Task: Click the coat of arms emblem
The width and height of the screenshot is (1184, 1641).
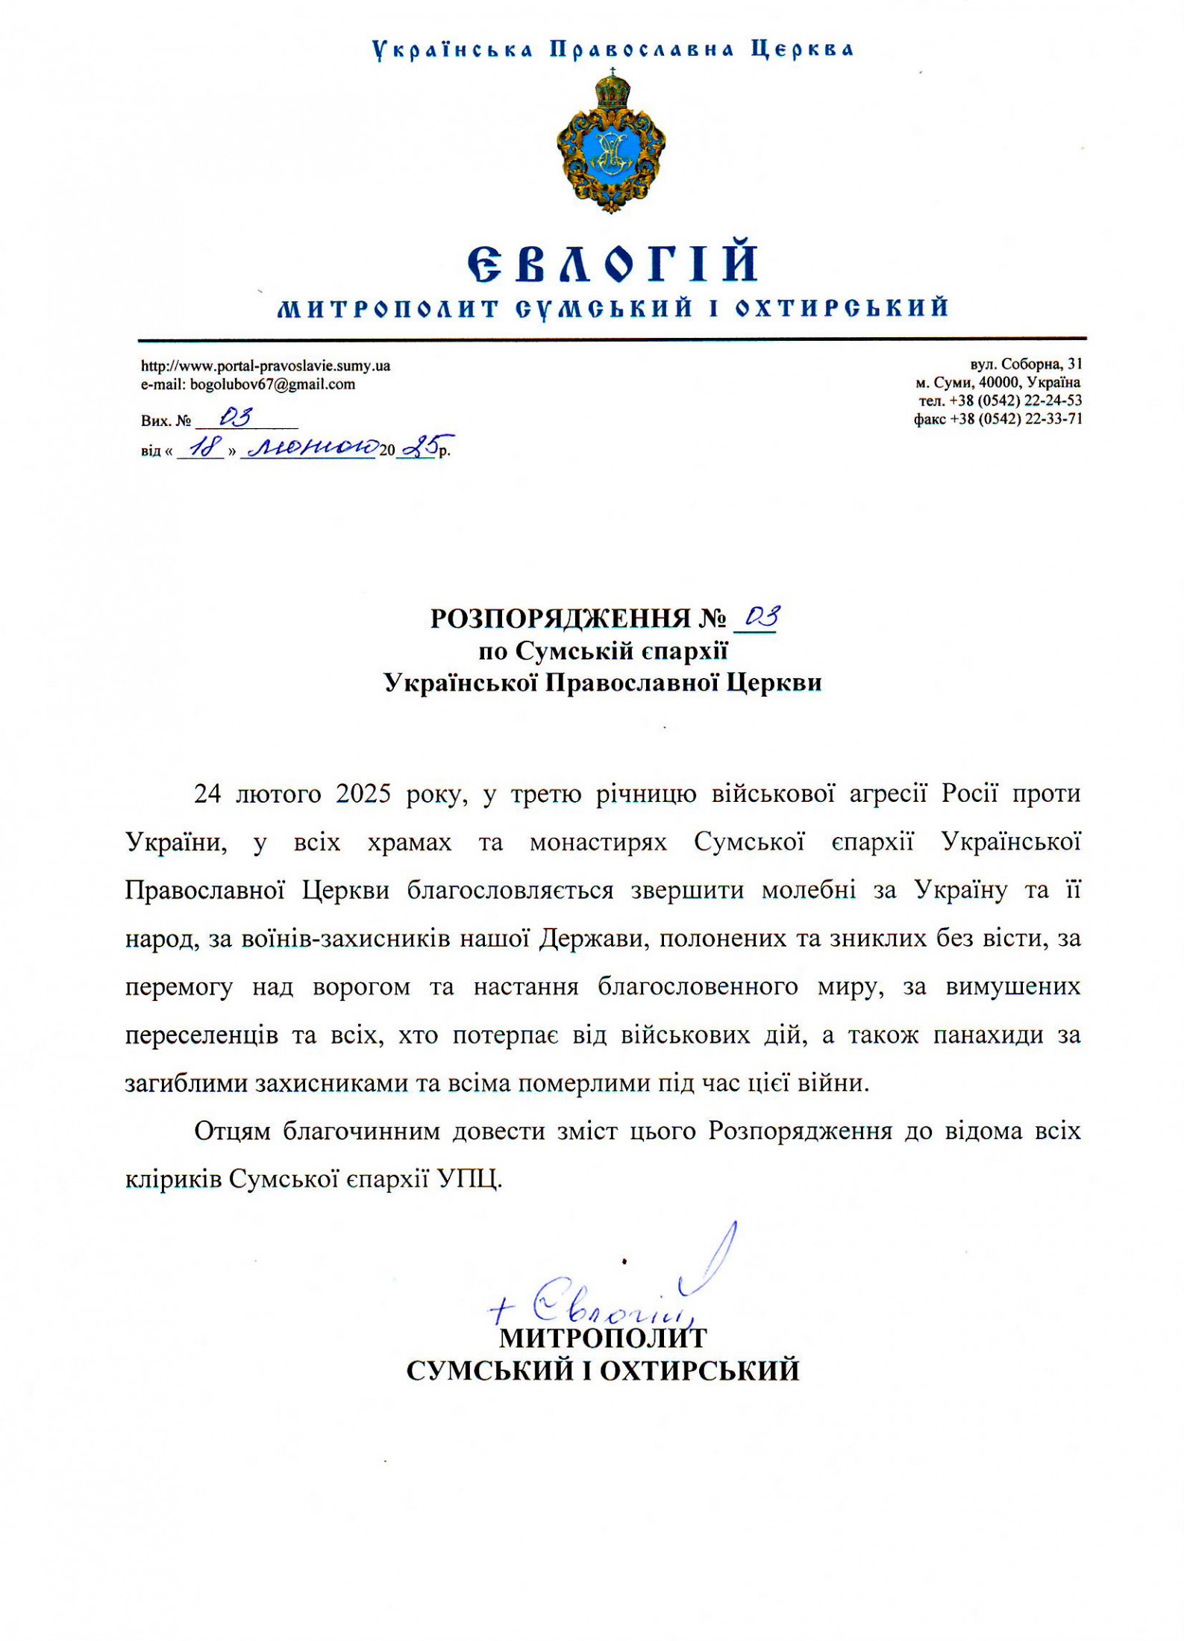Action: [x=611, y=142]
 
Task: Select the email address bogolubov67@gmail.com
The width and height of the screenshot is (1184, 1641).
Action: [x=272, y=385]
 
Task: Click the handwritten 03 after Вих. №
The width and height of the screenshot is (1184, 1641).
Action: [x=236, y=417]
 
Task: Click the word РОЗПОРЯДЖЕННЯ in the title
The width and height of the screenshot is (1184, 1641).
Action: [x=560, y=619]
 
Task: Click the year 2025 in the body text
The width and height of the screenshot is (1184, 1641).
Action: [x=363, y=794]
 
